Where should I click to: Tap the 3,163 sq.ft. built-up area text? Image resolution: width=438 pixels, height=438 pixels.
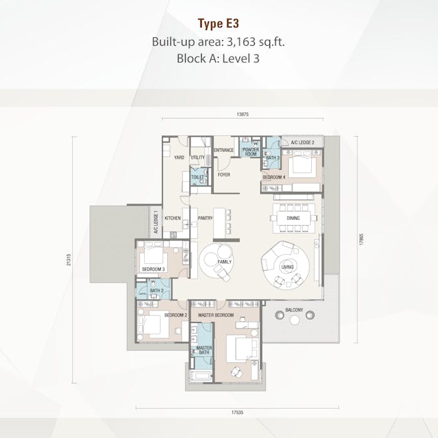[254, 42]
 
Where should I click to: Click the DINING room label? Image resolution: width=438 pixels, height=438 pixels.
[293, 217]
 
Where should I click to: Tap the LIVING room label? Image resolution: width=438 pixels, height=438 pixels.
[287, 267]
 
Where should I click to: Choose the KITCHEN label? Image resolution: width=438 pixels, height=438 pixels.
[173, 217]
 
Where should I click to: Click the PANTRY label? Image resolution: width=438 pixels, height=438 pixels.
[205, 217]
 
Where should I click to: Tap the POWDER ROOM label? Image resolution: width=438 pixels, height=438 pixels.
[250, 151]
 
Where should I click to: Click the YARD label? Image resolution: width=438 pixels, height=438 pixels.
[179, 157]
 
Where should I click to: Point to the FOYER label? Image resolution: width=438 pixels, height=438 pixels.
[224, 175]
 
